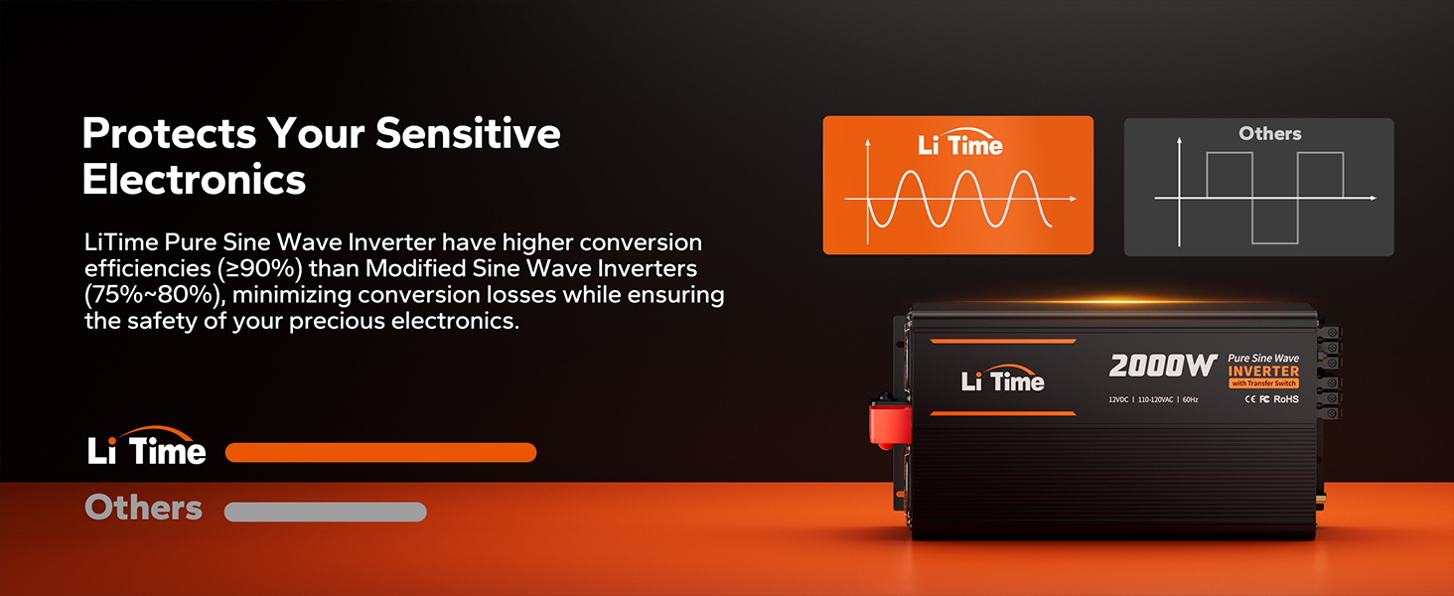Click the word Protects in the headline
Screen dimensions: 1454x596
170,134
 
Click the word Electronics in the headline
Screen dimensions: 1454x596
194,179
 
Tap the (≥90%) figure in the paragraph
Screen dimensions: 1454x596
259,269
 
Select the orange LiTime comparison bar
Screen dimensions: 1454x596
380,453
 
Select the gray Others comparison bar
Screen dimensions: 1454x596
325,512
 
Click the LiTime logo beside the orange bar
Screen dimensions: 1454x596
147,447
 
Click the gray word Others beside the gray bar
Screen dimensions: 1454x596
143,507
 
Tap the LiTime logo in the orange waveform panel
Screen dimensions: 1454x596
960,142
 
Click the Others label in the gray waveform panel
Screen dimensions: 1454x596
1269,134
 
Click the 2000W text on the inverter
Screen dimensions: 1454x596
1163,367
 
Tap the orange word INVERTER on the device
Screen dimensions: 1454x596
1263,372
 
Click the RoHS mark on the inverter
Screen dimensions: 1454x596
1286,399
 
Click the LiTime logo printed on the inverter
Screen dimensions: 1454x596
1002,379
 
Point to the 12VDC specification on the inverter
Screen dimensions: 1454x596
1118,400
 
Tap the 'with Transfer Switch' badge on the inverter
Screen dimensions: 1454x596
1264,383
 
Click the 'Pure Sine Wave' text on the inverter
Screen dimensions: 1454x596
1263,359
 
